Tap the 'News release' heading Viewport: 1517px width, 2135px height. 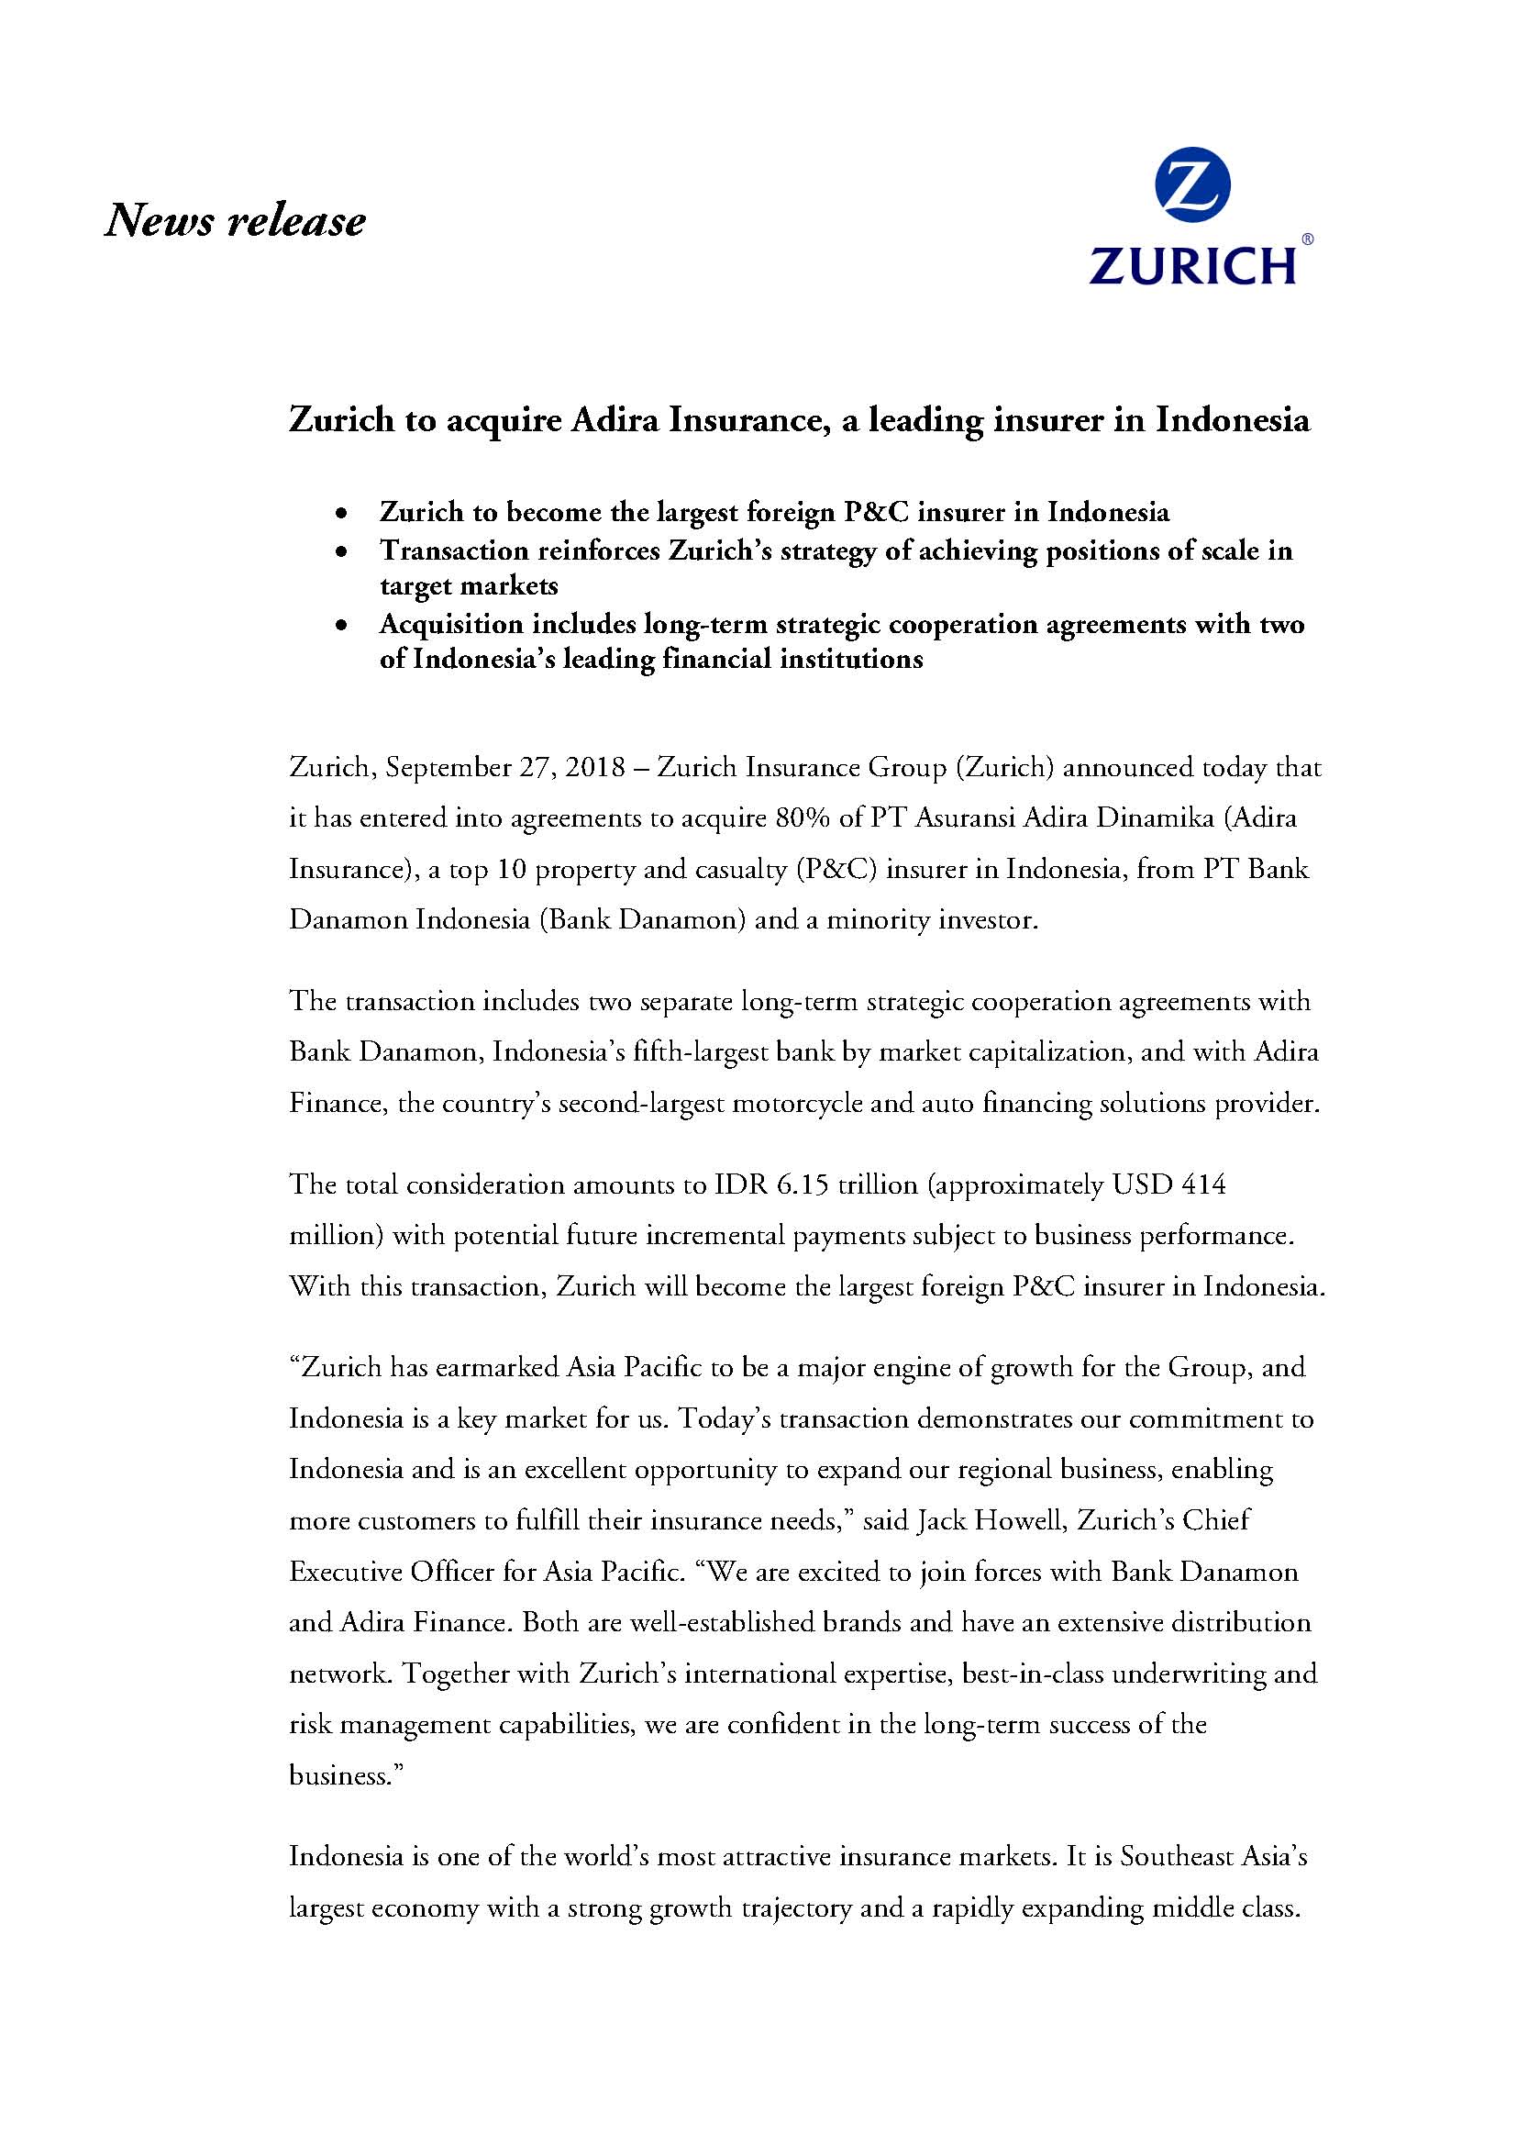click(235, 221)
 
